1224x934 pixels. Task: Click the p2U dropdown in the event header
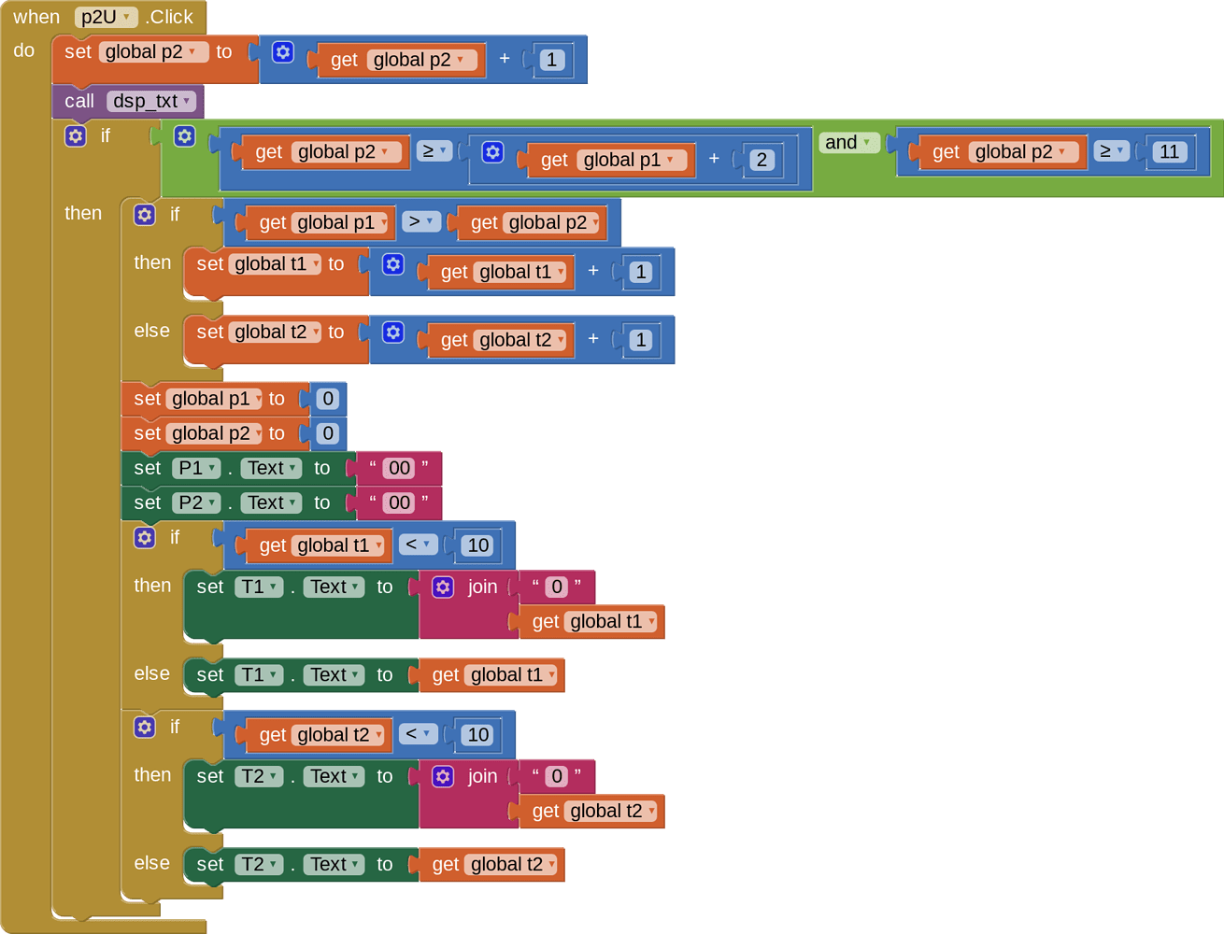106,17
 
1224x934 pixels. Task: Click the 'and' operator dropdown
848,142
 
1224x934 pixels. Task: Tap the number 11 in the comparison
1169,152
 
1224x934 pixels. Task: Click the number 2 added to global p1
761,160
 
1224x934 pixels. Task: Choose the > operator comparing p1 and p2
421,221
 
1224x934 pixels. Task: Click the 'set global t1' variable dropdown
277,264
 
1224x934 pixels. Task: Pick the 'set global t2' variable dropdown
277,333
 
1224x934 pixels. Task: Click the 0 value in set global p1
327,399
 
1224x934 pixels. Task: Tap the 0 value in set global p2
327,433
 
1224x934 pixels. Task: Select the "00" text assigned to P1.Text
399,468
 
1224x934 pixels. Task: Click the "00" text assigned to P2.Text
399,502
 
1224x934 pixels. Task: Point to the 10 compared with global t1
477,545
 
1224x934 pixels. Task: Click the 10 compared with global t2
477,735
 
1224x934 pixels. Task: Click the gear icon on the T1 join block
443,587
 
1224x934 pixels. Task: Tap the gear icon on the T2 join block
443,776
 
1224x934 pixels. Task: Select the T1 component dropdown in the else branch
259,675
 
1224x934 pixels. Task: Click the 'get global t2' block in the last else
491,865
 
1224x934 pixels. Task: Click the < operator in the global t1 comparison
418,545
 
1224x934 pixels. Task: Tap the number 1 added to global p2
551,60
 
